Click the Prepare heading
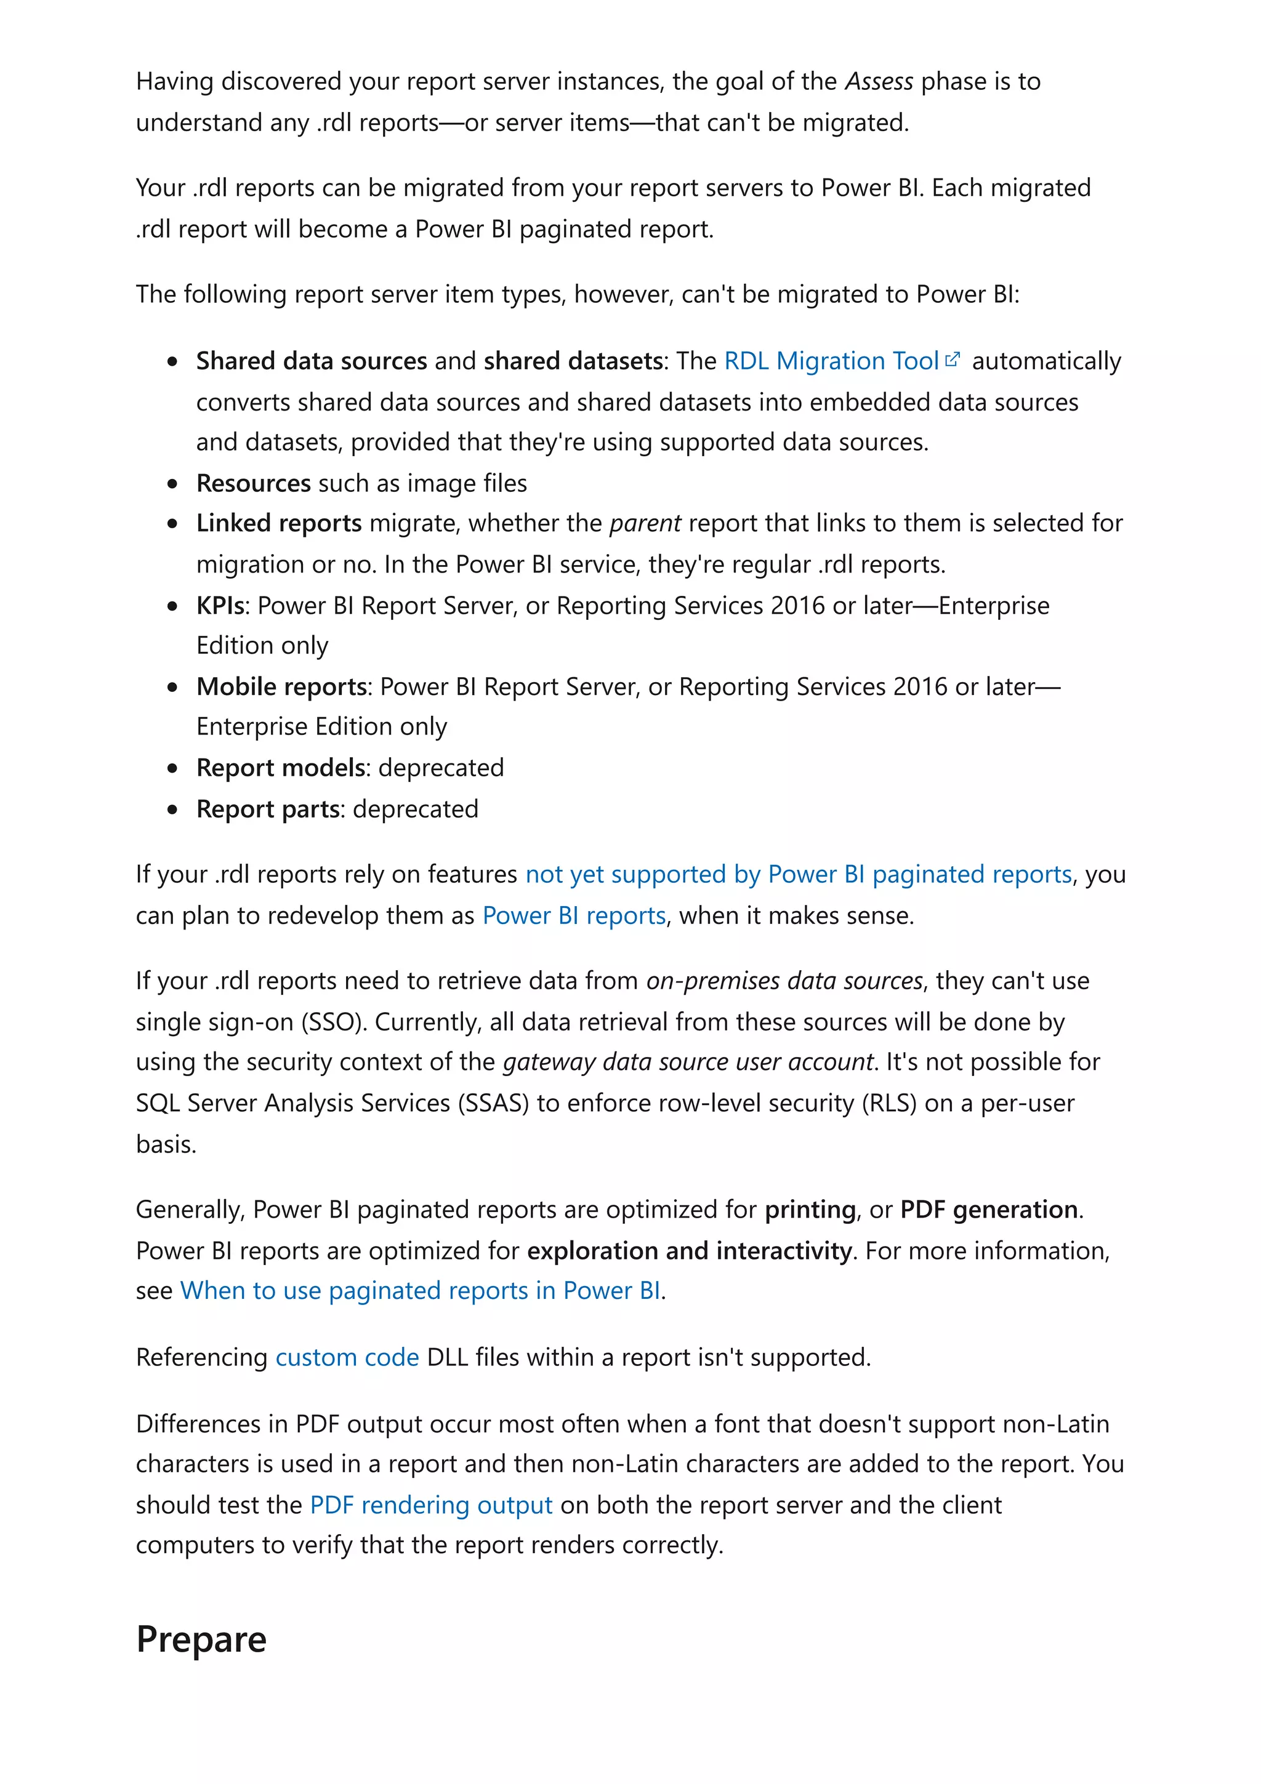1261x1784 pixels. click(201, 1639)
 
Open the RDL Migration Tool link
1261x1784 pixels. click(831, 361)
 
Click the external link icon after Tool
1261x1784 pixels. click(953, 360)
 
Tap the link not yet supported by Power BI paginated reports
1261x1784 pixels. click(798, 874)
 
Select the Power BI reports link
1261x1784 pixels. click(573, 915)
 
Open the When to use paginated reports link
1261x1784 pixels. click(421, 1291)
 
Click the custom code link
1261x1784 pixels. click(347, 1357)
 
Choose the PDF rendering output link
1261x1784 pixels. click(430, 1505)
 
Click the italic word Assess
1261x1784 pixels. click(879, 82)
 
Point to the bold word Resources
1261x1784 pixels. click(253, 483)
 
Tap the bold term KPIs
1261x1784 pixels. click(220, 605)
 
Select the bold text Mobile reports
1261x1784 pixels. click(281, 687)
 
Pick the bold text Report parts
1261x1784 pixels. click(268, 809)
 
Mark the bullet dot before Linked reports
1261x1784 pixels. click(172, 524)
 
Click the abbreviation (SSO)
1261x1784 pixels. click(333, 1022)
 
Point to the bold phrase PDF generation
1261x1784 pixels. click(988, 1210)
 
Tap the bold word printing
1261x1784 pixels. click(810, 1210)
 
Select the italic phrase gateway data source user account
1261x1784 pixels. click(688, 1062)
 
